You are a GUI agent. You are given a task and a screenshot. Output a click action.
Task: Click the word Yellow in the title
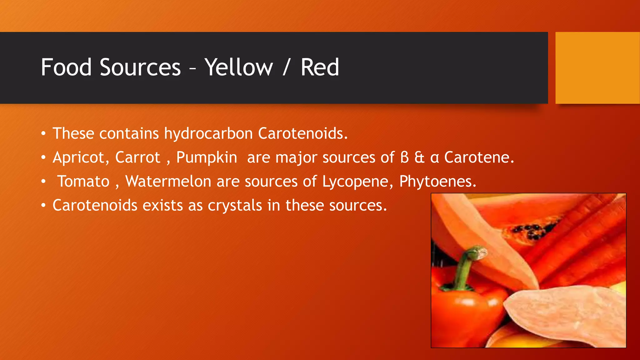[239, 67]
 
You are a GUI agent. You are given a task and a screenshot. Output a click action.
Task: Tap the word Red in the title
[320, 67]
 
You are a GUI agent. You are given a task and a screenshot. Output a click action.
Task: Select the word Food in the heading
[66, 67]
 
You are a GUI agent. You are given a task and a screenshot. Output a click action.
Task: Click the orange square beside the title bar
[597, 68]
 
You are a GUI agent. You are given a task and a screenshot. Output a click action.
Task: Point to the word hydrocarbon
[208, 134]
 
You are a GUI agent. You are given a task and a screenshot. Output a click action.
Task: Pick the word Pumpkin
[207, 157]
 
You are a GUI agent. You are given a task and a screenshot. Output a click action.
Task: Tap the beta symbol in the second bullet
[404, 157]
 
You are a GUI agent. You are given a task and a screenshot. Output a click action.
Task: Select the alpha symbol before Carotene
[435, 158]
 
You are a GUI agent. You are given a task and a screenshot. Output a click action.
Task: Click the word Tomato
[83, 182]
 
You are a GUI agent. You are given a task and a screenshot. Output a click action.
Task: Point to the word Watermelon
[168, 181]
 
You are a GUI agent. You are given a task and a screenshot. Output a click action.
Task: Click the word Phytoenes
[438, 182]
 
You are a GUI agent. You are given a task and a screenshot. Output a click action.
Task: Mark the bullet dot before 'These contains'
[43, 134]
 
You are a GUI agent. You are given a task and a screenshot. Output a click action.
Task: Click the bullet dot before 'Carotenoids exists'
[43, 206]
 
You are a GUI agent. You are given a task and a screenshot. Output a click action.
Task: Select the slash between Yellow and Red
[285, 67]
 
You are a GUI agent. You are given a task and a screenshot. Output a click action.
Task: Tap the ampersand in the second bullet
[419, 157]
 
